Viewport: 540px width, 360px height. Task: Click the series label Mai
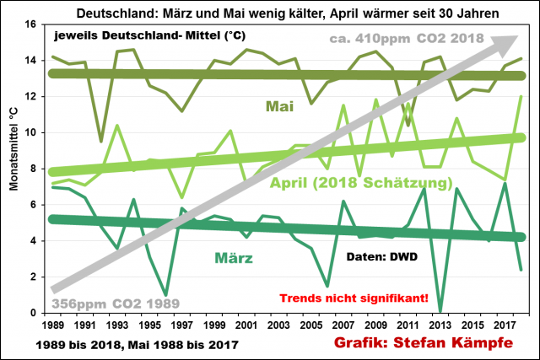[x=278, y=106]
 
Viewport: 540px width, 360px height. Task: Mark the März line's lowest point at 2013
[x=440, y=311]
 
